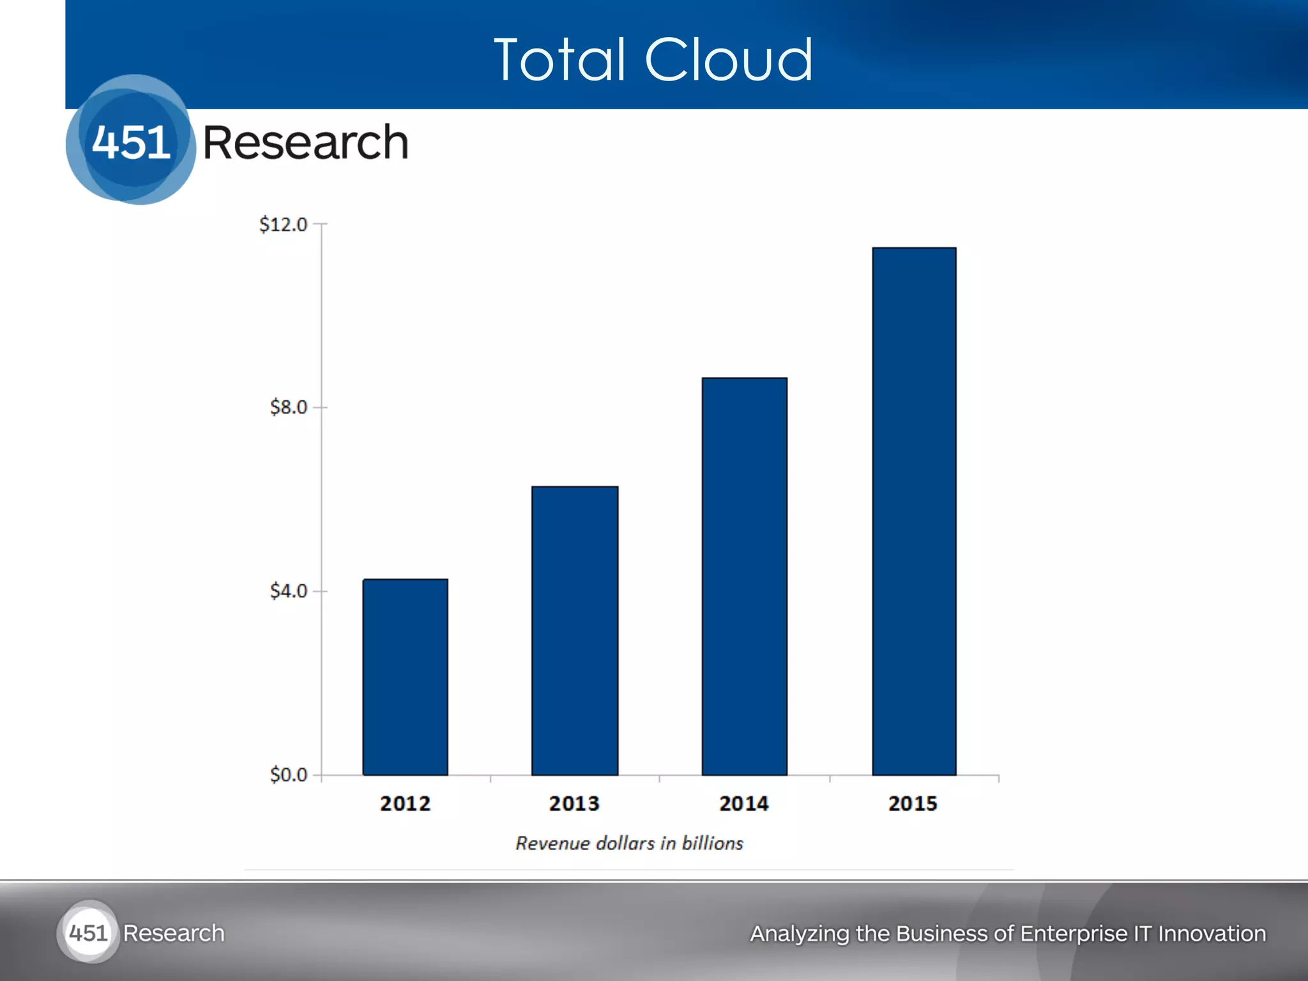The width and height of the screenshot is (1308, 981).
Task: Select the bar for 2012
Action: pos(405,677)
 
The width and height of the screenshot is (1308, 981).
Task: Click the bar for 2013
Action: pos(575,631)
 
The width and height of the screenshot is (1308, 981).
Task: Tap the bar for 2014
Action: pos(744,576)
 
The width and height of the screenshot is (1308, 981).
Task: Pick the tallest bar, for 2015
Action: pos(914,511)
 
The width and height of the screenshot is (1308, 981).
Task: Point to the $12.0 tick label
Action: pos(283,225)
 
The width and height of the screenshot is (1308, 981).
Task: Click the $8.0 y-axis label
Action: pos(288,407)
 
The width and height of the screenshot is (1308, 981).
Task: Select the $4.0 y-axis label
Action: pos(288,591)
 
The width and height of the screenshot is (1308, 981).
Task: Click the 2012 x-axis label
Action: pos(405,803)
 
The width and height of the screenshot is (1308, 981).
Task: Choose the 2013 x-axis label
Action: pos(574,803)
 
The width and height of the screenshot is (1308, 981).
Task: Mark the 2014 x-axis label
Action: pos(743,803)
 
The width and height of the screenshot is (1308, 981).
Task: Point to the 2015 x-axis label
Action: pos(913,803)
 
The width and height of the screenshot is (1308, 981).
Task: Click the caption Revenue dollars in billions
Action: pos(629,844)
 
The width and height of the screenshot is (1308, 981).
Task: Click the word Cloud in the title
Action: pos(729,60)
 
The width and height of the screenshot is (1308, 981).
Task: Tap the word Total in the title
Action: pos(559,60)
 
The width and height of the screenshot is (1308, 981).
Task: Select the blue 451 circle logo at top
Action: pos(131,141)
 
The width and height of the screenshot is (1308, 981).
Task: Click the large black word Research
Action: pos(305,142)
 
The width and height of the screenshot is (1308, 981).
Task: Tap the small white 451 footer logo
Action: pos(88,933)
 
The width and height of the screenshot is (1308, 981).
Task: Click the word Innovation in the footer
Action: pos(1212,934)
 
